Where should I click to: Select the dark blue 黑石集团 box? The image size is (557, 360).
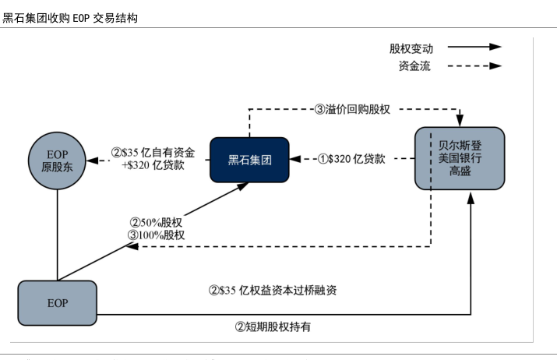(x=249, y=160)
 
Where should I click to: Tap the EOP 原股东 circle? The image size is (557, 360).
(x=57, y=161)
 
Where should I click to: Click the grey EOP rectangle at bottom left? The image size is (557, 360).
(x=57, y=302)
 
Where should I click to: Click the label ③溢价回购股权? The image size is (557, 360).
(x=352, y=110)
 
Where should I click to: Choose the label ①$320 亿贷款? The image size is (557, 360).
(x=351, y=159)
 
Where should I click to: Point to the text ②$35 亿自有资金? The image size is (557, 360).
(x=153, y=152)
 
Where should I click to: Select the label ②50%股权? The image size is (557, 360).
(x=155, y=222)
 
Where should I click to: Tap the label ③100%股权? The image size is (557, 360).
(x=155, y=235)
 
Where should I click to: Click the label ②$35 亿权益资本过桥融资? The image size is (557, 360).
(x=273, y=290)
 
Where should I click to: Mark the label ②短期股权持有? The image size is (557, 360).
(x=273, y=326)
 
